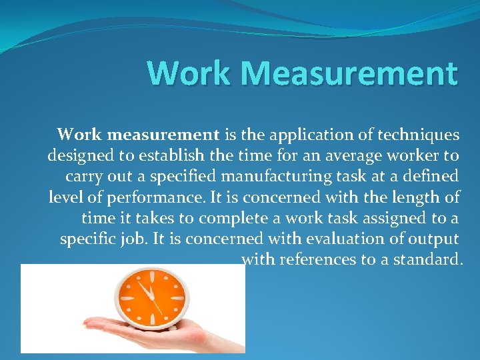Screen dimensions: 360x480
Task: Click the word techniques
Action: [419, 135]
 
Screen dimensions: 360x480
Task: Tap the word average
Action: [341, 155]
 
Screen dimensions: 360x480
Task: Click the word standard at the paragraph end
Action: [427, 259]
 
